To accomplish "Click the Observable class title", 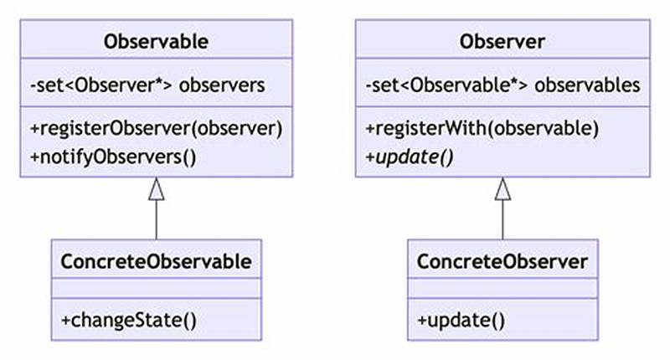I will (x=156, y=41).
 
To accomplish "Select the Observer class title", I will (x=502, y=41).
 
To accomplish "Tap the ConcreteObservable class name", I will (x=156, y=261).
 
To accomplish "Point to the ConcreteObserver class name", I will (x=502, y=261).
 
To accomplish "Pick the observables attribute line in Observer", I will (x=502, y=85).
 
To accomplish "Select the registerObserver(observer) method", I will (x=156, y=129).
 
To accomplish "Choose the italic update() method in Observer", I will (x=410, y=156).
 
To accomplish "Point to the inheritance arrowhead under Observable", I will (x=156, y=190).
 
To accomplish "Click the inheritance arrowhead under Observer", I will (x=502, y=190).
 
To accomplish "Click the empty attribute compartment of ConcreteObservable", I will (x=156, y=290).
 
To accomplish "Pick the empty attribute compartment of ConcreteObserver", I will (x=502, y=290).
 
